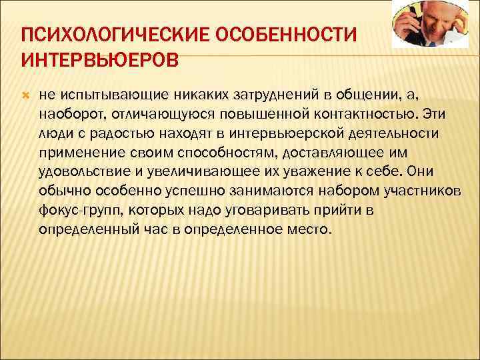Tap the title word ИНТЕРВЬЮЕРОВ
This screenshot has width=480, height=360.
point(100,61)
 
